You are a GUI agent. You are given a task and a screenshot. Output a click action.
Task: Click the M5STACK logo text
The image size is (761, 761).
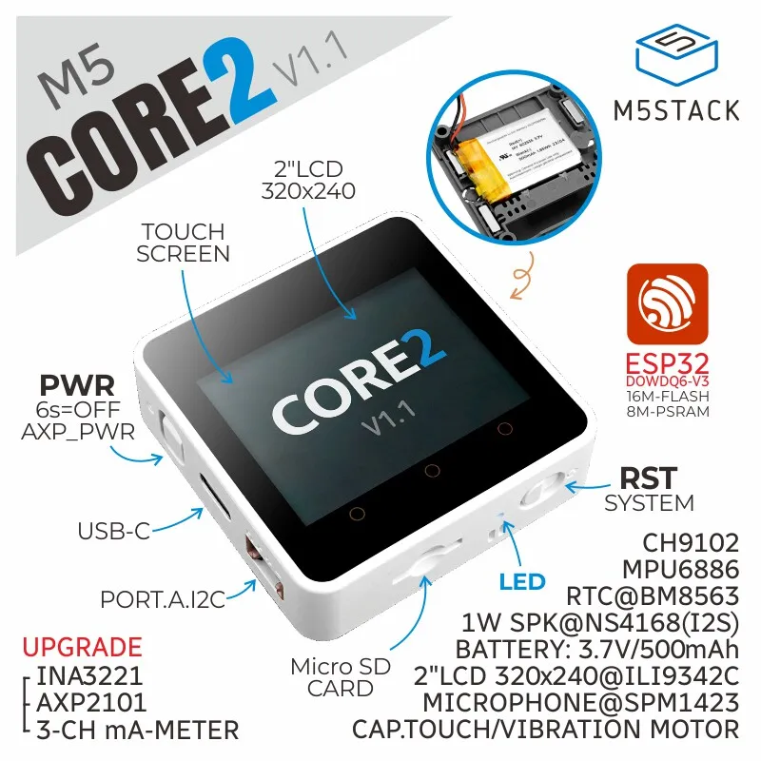(x=676, y=109)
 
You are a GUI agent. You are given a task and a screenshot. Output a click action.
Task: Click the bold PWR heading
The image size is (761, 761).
(x=77, y=386)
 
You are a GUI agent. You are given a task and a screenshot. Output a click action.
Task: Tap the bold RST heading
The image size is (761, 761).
(x=649, y=477)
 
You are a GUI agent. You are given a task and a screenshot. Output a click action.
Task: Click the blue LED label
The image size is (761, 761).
(x=522, y=581)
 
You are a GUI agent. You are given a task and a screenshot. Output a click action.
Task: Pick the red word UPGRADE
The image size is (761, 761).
(x=81, y=649)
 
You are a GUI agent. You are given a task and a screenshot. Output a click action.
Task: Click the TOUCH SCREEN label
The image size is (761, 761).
(x=183, y=243)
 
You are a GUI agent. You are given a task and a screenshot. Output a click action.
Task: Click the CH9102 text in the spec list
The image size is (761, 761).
(x=691, y=543)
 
